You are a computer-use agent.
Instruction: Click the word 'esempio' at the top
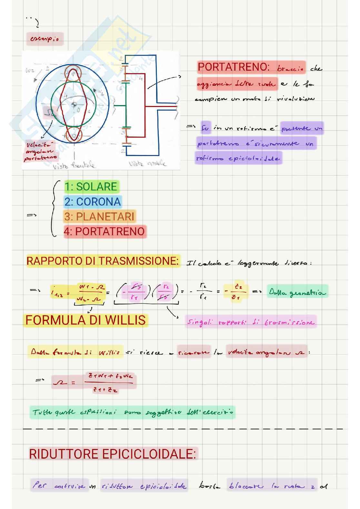(45, 39)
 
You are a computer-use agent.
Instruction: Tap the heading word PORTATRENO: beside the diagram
(234, 67)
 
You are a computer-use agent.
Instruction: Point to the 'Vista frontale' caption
(74, 165)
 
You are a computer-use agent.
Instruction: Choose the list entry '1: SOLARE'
(91, 186)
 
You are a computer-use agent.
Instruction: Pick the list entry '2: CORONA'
(92, 201)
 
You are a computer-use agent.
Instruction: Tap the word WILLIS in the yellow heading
(125, 320)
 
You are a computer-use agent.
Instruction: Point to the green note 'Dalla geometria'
(297, 292)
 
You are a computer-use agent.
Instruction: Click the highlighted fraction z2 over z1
(236, 292)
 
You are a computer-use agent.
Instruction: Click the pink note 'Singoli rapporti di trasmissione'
(251, 322)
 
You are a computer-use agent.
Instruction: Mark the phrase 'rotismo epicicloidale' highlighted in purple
(239, 158)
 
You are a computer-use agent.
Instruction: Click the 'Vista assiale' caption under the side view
(147, 164)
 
